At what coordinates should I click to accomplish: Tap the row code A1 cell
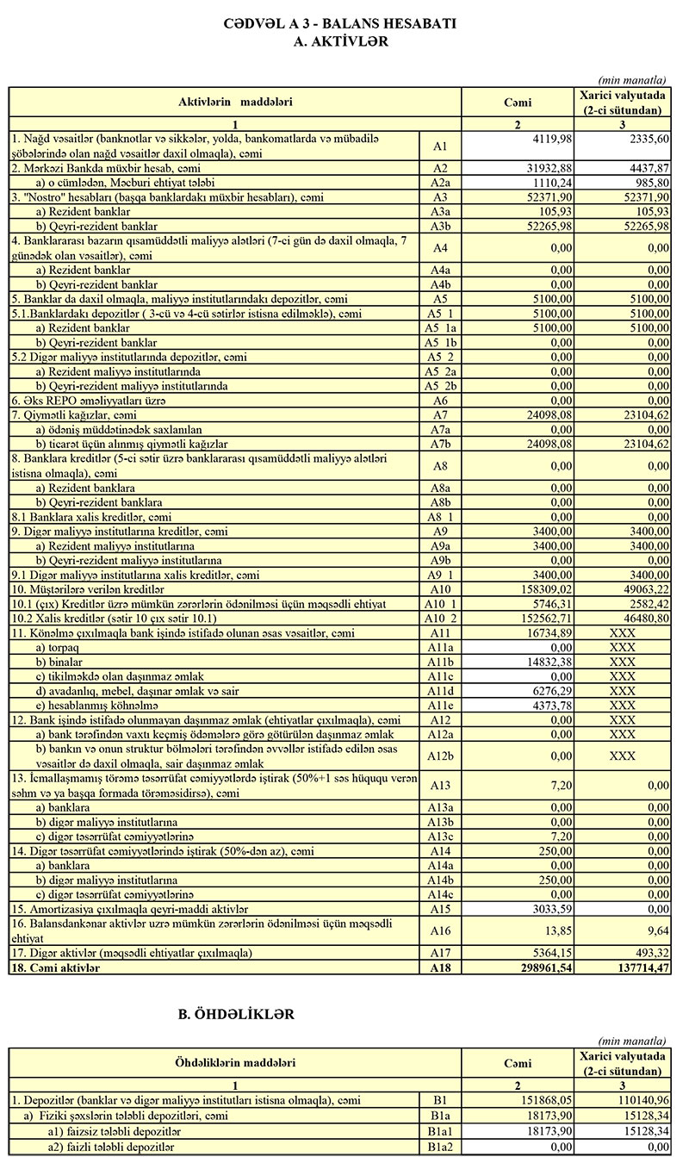pos(440,146)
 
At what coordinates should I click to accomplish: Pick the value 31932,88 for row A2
pos(543,167)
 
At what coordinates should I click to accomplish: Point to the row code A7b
pos(440,444)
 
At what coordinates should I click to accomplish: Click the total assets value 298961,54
pos(535,968)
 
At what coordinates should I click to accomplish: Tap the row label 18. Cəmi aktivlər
pos(57,968)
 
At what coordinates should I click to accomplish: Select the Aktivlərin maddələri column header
pos(235,102)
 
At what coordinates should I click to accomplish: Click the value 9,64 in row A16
pos(654,930)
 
